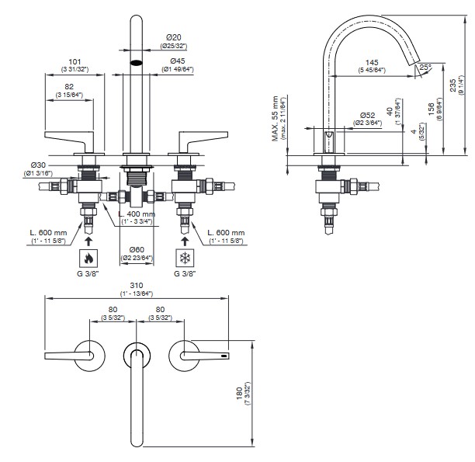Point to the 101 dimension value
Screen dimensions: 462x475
[x=75, y=61]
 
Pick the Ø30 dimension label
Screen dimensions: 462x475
[x=40, y=165]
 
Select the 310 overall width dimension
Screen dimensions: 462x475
[x=135, y=286]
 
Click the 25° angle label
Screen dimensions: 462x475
[x=425, y=68]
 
